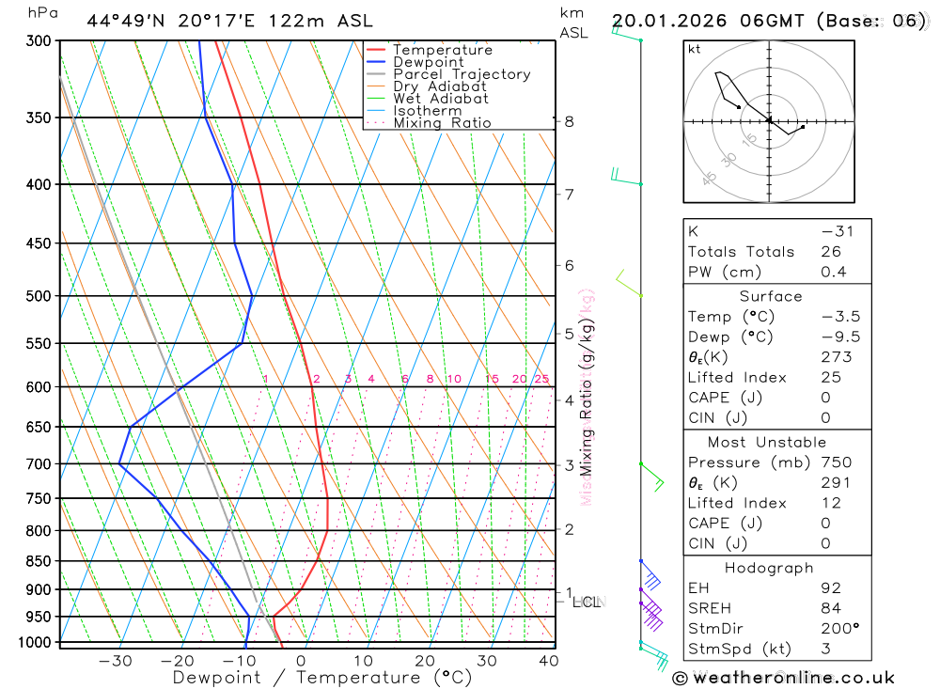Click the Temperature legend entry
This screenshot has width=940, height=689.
442,50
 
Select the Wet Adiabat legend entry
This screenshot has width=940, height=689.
440,98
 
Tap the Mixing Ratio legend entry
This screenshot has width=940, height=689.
442,122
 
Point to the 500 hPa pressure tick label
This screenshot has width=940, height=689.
38,296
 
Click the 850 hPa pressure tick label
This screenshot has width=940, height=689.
38,561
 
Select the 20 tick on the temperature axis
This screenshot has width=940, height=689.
424,661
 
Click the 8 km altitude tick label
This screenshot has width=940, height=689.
570,121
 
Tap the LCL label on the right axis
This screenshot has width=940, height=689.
588,602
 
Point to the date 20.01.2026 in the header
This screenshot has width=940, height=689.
668,21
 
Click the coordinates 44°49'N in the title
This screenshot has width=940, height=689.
128,21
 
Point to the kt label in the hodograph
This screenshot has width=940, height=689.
695,50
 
